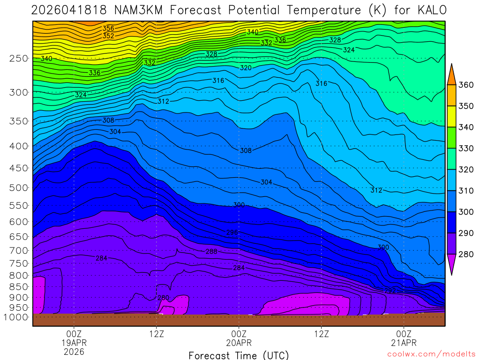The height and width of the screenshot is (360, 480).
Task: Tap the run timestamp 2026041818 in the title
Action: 67,10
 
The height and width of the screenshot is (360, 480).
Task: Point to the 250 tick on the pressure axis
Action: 18,59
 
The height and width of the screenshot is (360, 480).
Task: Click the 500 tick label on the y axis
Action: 18,188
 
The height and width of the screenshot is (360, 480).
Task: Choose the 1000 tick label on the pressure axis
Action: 16,317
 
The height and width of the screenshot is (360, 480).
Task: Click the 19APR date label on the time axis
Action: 74,343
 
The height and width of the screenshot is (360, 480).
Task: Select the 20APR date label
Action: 239,343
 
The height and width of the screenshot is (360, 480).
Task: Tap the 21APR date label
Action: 404,343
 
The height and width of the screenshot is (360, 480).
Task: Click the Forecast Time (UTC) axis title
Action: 239,355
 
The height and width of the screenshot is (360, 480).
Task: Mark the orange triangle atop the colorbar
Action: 451,75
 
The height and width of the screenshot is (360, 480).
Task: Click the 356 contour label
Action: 108,29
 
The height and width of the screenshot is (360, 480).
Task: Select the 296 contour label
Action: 232,232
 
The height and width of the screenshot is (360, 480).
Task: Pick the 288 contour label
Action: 211,252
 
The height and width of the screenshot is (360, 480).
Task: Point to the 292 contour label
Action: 390,291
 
